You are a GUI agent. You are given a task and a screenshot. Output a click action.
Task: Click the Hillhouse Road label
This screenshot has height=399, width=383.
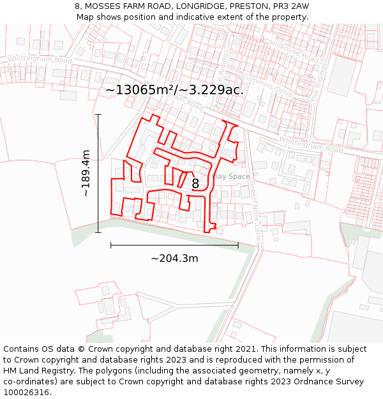(294, 51)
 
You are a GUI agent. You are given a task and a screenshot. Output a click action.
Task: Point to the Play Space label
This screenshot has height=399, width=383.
(230, 176)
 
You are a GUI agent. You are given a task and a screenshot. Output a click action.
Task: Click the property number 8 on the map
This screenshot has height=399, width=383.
(195, 184)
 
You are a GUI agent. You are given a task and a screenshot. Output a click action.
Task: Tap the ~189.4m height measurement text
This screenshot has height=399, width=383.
(86, 173)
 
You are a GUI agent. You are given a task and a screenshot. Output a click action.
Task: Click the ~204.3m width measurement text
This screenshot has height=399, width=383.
(174, 259)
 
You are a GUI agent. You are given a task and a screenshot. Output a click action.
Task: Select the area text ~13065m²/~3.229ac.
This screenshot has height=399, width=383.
(174, 90)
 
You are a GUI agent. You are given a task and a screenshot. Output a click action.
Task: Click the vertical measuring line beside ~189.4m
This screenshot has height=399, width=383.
(98, 173)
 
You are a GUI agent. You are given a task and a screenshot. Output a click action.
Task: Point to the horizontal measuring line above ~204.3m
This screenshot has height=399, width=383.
(174, 245)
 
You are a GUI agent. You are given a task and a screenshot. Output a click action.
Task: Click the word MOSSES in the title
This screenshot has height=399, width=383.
(104, 6)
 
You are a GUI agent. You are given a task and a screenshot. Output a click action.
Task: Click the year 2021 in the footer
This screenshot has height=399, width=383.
(244, 349)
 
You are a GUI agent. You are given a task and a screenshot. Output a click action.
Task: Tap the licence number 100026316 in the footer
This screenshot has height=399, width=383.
(27, 393)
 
